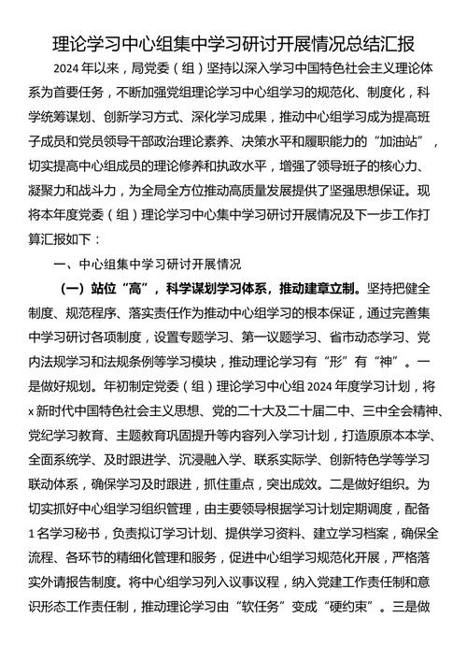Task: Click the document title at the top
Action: pyautogui.click(x=233, y=42)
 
